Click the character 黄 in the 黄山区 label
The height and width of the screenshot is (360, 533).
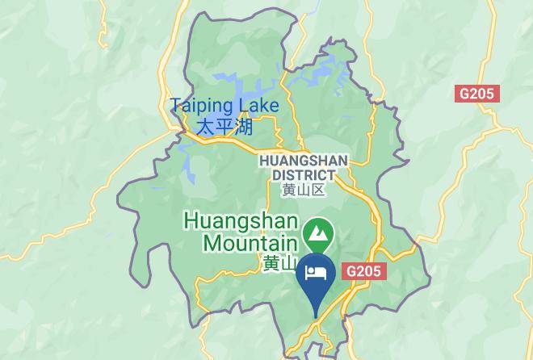click(288, 190)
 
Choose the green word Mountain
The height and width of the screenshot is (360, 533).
click(250, 242)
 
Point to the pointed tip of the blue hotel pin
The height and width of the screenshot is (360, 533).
click(316, 316)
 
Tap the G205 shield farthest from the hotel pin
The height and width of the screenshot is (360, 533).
click(479, 94)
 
